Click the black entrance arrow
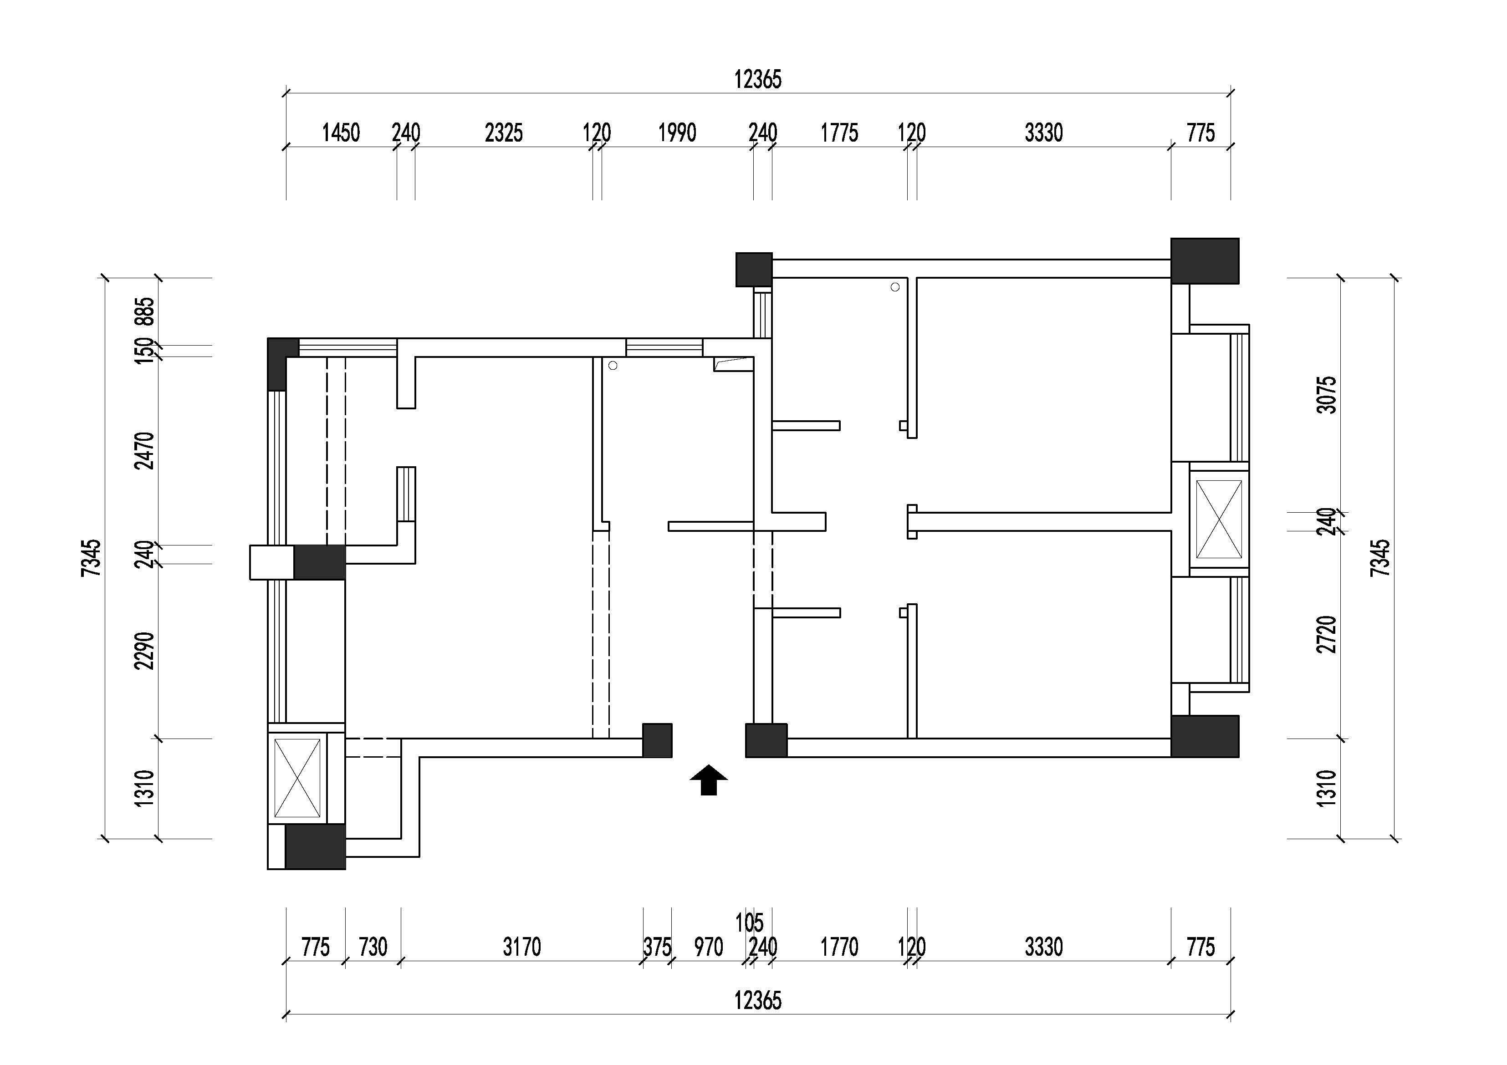coord(708,780)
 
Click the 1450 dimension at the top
coord(341,133)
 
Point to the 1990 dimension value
coord(677,133)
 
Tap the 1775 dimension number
coord(839,133)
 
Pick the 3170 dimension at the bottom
coord(522,947)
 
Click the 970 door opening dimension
coord(709,947)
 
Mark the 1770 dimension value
coord(839,947)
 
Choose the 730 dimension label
coord(373,947)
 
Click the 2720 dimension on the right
coord(1327,635)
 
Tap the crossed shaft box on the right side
coord(1219,520)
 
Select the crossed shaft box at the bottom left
coord(297,778)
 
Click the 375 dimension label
coord(657,947)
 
